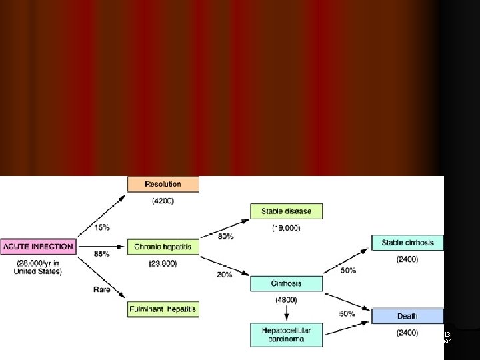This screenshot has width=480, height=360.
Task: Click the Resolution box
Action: point(163,183)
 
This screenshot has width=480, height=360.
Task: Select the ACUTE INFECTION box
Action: point(37,247)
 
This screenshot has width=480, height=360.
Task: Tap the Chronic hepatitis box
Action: point(163,247)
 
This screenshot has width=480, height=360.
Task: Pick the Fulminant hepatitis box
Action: point(163,309)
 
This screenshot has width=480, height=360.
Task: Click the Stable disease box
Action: point(286,212)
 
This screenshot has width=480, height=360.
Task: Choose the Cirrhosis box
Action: point(286,283)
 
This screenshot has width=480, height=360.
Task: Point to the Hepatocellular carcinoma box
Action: point(286,334)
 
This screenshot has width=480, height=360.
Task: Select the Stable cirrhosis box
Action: point(407,243)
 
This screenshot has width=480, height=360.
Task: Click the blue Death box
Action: point(407,316)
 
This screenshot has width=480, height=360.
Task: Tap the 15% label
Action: point(103,227)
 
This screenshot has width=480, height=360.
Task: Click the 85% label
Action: point(103,254)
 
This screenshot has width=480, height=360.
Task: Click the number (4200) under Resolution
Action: point(163,200)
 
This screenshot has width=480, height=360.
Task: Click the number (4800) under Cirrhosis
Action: point(286,300)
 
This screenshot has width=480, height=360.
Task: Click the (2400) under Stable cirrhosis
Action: point(407,259)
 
